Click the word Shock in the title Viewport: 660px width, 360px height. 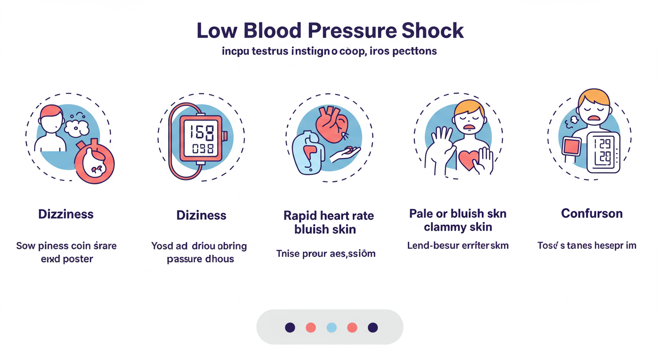click(x=433, y=30)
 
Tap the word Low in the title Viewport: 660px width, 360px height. click(x=214, y=30)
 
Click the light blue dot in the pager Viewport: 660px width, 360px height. click(x=331, y=327)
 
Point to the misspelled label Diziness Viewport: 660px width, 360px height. click(x=201, y=215)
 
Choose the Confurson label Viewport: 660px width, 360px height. click(x=592, y=214)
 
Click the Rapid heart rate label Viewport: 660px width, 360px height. click(x=329, y=216)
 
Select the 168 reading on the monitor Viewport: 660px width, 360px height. click(x=201, y=132)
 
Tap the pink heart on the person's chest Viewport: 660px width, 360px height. click(x=469, y=160)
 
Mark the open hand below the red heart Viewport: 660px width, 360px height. click(x=345, y=153)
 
